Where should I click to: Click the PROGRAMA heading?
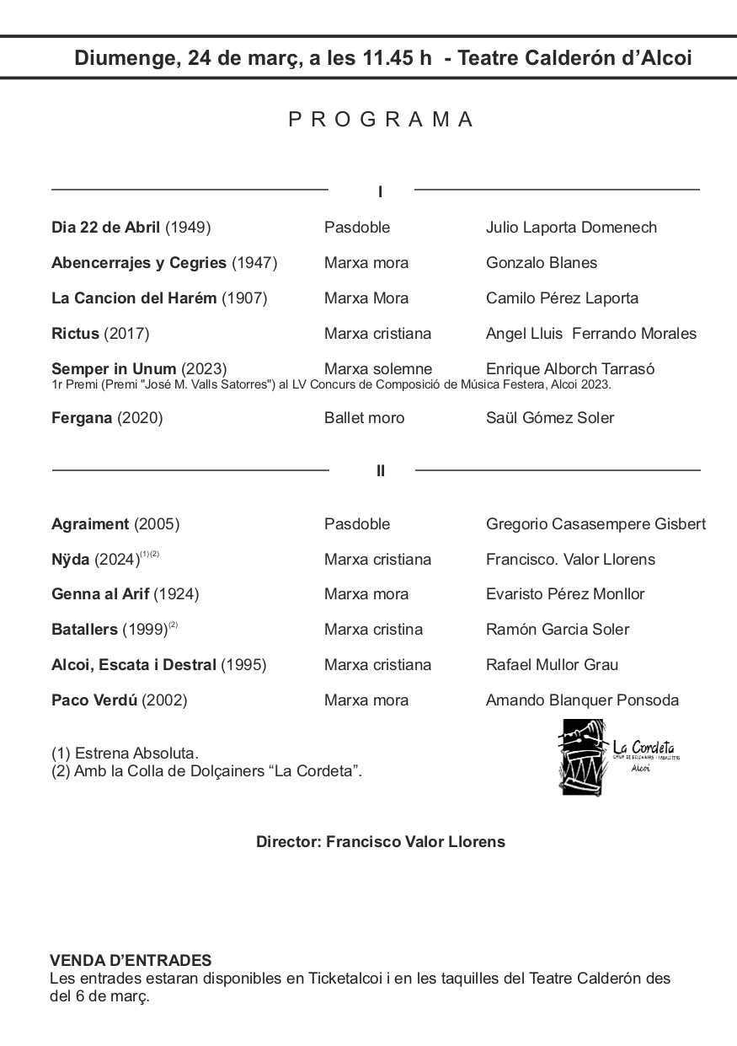coord(382,120)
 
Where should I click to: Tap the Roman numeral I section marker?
coord(381,192)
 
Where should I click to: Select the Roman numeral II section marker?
coord(381,471)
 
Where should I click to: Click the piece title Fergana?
coord(82,418)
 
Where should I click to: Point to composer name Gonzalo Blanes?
coord(542,263)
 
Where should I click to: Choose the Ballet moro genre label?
coord(364,418)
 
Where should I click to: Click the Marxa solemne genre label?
coord(377,369)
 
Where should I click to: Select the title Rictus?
coord(75,334)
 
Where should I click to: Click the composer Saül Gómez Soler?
coord(550,418)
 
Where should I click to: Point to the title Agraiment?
coord(90,524)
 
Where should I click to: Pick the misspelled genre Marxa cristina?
coord(373,630)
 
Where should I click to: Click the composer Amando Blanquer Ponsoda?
coord(582,700)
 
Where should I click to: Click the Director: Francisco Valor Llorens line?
coord(381,842)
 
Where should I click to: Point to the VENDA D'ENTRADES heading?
coord(131,961)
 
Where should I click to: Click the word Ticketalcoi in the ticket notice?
coord(350,979)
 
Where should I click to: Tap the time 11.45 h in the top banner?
coord(397,58)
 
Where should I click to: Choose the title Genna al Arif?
coord(100,594)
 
